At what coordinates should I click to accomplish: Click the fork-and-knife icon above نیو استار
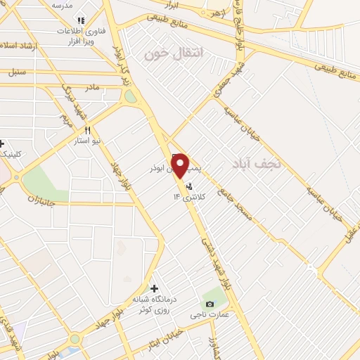pos(88,130)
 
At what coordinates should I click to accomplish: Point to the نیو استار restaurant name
pos(88,141)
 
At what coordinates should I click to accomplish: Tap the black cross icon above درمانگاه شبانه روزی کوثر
pos(154,288)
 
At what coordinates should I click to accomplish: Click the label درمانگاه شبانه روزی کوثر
pos(154,304)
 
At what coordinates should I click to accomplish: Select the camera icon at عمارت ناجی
pos(210,304)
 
